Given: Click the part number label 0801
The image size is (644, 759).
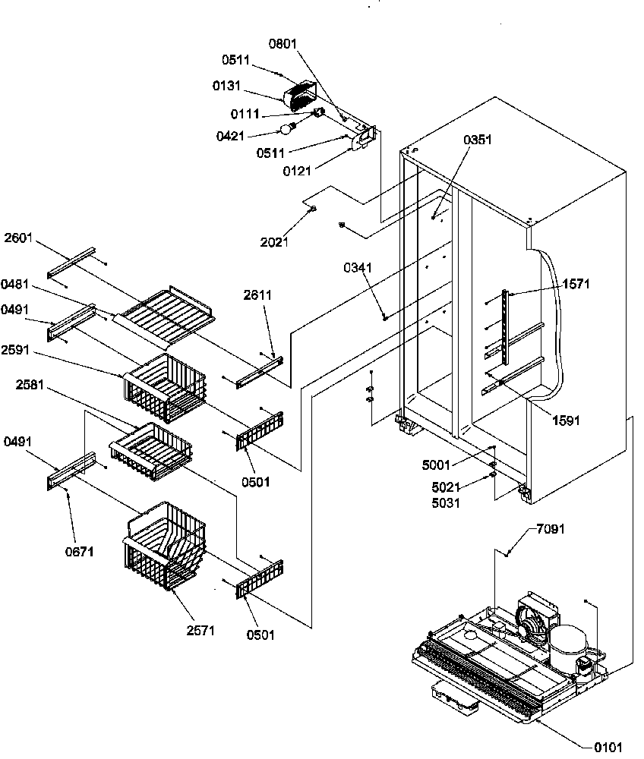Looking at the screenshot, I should click(x=283, y=45).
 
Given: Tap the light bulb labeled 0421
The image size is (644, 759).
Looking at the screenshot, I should click(x=289, y=129).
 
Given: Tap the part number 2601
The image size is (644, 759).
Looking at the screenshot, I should click(x=18, y=238).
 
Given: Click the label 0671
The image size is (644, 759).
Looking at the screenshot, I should click(x=80, y=552).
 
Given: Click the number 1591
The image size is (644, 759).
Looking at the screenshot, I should click(x=566, y=420).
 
